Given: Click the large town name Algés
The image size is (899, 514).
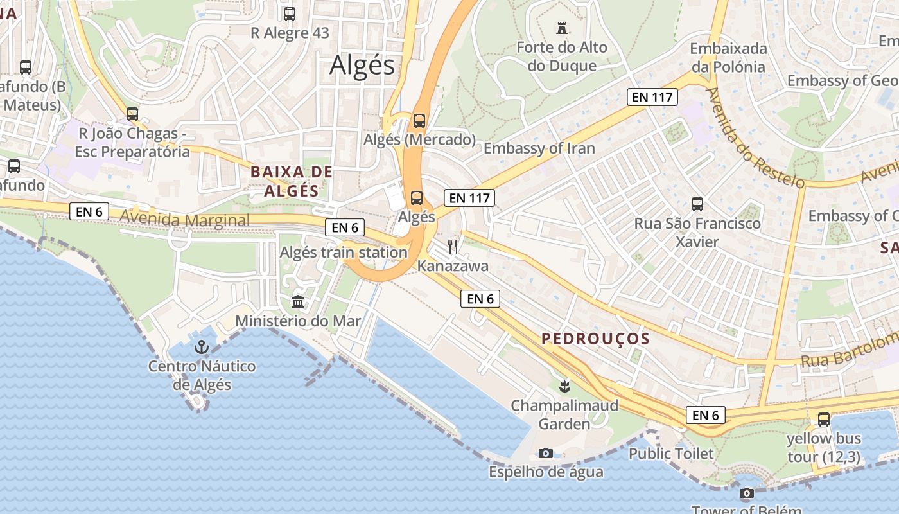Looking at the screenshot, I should (x=362, y=66).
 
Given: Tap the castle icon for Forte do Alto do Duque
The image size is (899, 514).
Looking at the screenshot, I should (x=562, y=28).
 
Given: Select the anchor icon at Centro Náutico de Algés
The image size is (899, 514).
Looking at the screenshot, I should (x=202, y=348).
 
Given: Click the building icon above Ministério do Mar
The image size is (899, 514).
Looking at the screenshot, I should (x=298, y=301).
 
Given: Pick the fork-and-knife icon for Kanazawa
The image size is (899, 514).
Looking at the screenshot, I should (x=453, y=247).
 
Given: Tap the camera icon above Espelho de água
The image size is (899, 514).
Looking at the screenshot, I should (x=546, y=453).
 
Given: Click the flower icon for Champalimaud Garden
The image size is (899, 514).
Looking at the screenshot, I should (x=564, y=386).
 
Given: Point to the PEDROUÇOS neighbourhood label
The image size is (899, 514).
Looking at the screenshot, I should (x=595, y=339).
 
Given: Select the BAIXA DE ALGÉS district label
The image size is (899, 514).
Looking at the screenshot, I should (x=292, y=181).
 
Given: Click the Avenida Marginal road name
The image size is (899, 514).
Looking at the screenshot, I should (x=185, y=220).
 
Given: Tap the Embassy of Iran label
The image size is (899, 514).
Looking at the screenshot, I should (x=539, y=148).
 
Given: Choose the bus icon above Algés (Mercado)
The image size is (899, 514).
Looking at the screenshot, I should (x=419, y=120).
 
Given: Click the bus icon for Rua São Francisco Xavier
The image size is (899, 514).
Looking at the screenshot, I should (x=697, y=204).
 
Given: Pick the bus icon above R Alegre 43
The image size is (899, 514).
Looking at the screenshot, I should (x=290, y=13).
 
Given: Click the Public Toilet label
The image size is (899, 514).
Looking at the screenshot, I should (x=670, y=454).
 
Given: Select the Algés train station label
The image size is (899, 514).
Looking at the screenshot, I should (x=344, y=253).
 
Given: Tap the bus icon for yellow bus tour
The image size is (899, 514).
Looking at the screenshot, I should (x=823, y=420).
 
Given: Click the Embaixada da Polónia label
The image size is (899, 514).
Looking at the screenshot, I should (x=728, y=58).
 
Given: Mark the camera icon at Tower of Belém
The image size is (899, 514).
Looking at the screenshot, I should (x=746, y=493).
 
